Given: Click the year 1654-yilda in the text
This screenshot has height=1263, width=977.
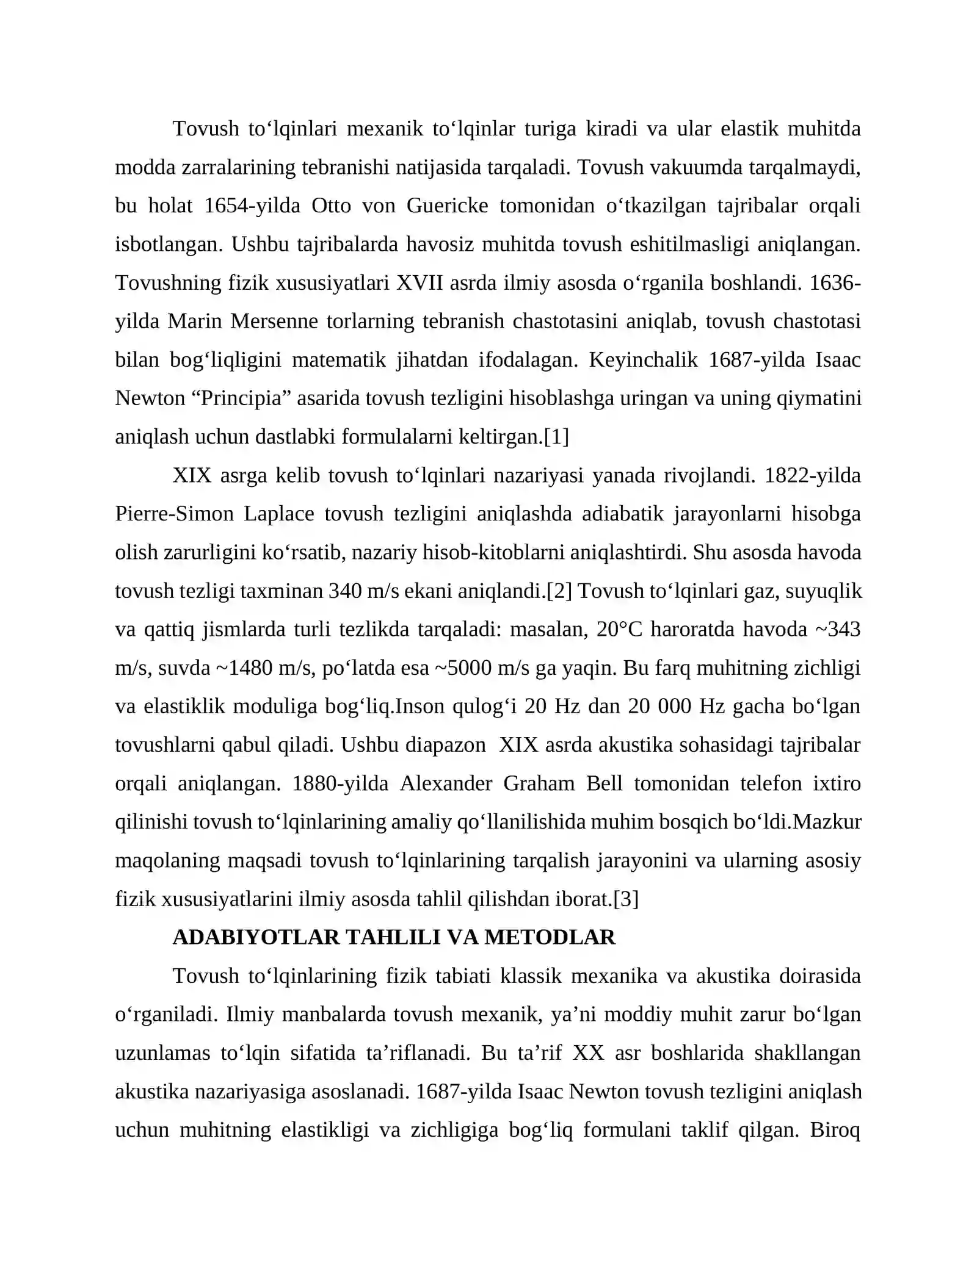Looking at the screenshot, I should click(252, 206).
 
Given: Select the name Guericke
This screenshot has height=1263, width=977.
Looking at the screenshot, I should click(447, 206).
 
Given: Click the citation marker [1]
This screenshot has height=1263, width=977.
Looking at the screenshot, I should click(556, 436).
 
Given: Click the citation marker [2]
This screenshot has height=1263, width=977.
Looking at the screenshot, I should click(559, 591).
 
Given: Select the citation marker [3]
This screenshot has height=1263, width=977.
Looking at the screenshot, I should click(625, 899).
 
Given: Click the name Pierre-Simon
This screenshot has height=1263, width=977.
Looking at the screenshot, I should click(174, 513).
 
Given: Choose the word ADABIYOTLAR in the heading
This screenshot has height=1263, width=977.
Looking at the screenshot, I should click(256, 937).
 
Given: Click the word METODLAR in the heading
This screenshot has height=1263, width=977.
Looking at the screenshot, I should click(550, 937).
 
